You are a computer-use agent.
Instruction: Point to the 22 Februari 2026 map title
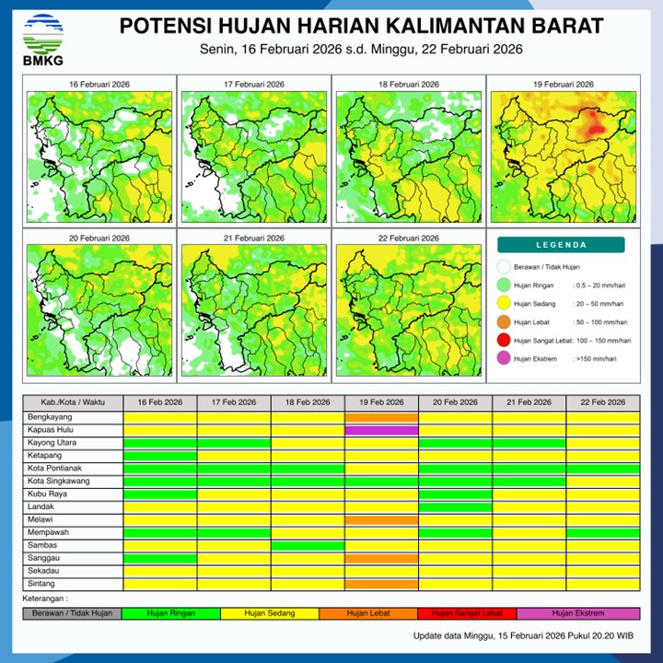click(408, 238)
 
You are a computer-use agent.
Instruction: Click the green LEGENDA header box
click(562, 245)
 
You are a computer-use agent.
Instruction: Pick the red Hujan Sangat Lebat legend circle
click(504, 342)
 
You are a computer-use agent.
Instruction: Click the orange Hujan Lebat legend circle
click(504, 322)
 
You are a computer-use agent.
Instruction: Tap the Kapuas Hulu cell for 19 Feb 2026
click(381, 430)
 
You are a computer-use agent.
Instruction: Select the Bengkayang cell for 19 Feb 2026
click(381, 417)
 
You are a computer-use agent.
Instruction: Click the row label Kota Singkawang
click(73, 482)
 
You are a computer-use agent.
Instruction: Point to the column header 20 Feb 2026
click(455, 403)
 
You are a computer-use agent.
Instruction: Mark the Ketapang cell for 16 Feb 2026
click(160, 456)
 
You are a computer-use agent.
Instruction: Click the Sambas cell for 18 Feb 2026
click(308, 546)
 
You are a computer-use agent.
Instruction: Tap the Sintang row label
click(73, 585)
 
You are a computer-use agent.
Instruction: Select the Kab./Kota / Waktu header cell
click(73, 403)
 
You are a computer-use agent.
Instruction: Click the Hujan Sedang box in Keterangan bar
click(270, 613)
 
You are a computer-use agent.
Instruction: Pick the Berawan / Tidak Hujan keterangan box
click(72, 613)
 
